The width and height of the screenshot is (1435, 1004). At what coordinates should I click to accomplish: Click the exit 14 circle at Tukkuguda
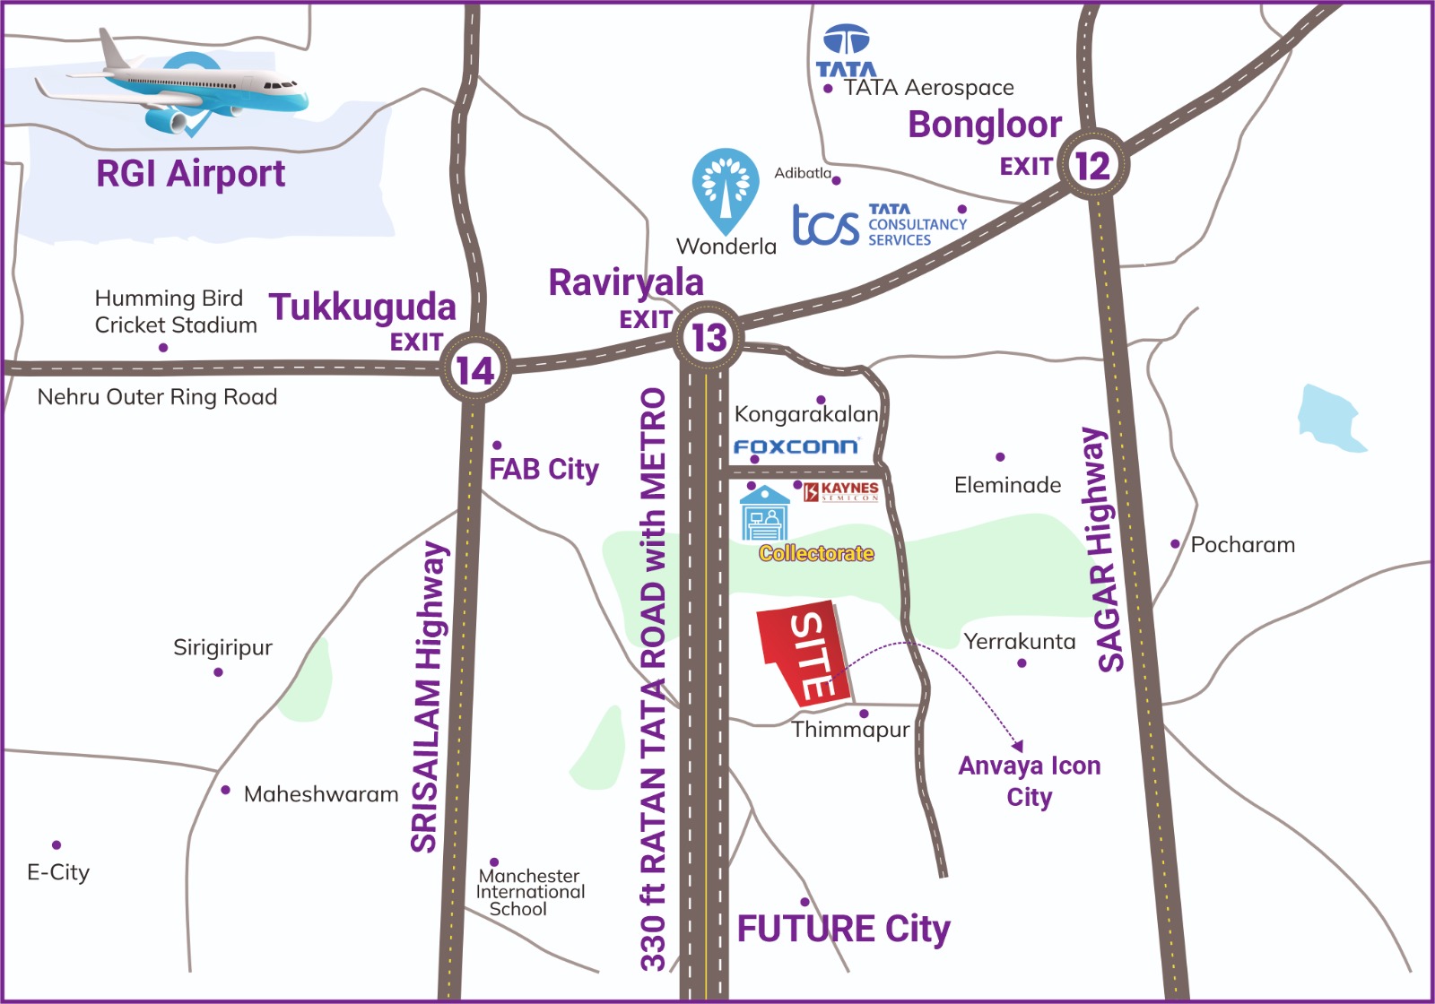point(474,369)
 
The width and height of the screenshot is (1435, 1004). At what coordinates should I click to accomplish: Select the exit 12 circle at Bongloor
point(1092,166)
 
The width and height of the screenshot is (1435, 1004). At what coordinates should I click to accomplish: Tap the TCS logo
point(826,224)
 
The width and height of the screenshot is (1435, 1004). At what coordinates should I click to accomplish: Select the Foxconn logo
point(796,446)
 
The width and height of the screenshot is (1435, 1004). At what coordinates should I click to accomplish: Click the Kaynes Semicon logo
point(841,491)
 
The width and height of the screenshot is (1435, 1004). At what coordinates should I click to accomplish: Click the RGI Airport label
point(190,173)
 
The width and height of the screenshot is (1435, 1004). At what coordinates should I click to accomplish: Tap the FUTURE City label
point(843,929)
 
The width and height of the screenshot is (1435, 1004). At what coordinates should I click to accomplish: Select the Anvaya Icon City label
point(1029,781)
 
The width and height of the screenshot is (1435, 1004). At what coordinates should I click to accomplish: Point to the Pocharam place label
point(1242,544)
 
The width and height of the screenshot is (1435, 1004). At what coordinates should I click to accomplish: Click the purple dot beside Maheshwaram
point(226,790)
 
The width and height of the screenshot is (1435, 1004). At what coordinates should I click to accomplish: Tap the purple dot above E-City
point(57,844)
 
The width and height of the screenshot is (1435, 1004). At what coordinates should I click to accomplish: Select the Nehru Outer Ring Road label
point(157,396)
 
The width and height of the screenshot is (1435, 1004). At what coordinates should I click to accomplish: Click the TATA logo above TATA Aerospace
point(846,52)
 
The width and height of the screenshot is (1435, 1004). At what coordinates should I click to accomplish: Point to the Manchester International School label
point(530,892)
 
